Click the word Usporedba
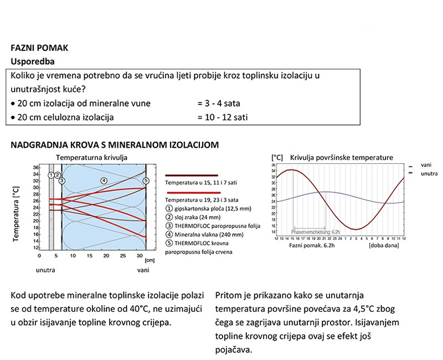33,61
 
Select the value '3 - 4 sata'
219,104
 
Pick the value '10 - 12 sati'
223,117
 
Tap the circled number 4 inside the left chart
103,180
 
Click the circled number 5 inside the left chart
146,180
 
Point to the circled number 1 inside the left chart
51,175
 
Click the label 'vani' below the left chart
143,270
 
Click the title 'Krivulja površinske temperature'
341,157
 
